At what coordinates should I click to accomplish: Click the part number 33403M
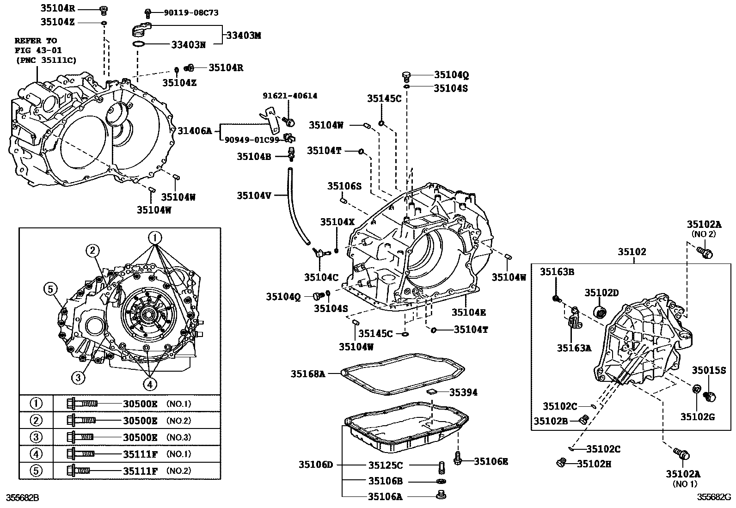243,35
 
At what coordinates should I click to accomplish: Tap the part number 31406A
195,131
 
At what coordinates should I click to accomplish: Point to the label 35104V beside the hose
254,195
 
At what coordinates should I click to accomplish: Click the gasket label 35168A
307,373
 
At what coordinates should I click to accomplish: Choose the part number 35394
463,392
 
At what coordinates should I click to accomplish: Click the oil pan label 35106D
315,465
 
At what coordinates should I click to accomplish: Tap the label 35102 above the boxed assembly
632,252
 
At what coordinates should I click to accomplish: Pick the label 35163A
574,348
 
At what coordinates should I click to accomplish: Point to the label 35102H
594,464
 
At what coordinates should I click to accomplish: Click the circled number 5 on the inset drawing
50,289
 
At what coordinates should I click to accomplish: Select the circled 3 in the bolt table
36,437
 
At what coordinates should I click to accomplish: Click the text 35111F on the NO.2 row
141,471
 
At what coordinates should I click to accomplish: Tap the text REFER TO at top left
36,41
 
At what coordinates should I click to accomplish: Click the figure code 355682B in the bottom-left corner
22,497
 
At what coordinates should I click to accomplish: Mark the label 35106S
344,186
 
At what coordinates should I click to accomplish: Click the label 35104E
469,312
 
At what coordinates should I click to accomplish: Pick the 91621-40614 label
290,96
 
